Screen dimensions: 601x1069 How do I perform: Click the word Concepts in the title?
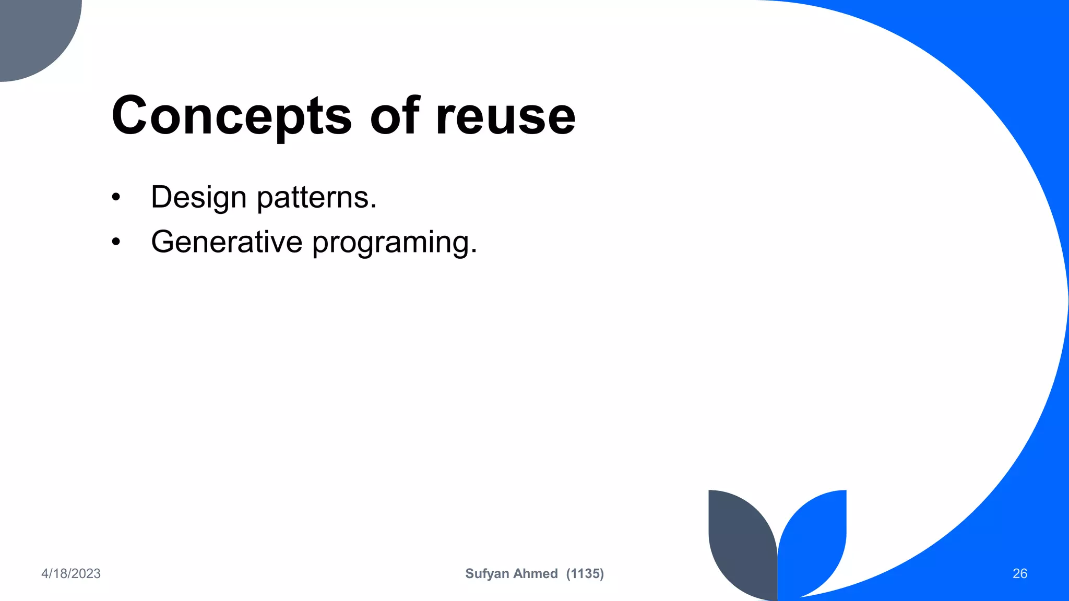(231, 116)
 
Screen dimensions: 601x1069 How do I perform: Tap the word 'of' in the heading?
(394, 116)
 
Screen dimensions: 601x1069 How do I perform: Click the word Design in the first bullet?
(198, 198)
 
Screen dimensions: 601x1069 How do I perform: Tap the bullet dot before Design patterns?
(116, 198)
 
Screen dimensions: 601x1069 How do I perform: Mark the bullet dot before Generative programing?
(116, 242)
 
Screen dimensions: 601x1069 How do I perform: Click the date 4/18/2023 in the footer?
(71, 573)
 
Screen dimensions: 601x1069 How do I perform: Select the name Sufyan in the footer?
(486, 573)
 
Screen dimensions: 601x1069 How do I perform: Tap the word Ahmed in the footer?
(536, 573)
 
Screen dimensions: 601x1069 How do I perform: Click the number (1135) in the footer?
(585, 573)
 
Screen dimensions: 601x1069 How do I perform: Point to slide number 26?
(1019, 573)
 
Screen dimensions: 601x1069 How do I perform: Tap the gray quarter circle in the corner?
(31, 31)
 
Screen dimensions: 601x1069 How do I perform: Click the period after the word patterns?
(373, 207)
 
